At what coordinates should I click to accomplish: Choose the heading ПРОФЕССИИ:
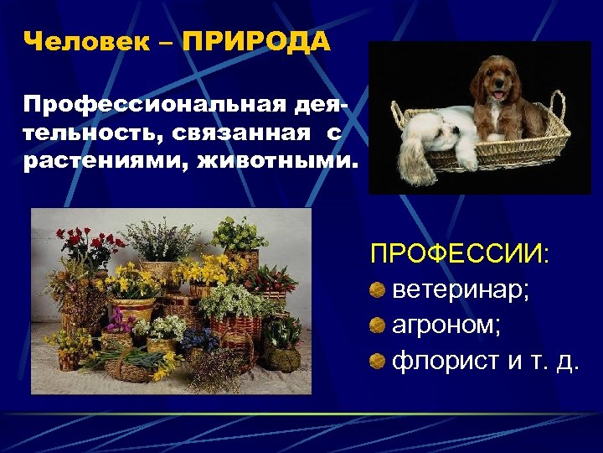(460, 254)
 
